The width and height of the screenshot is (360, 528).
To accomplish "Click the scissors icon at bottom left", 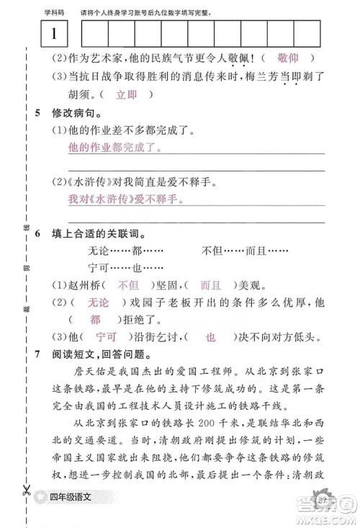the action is click(26, 492).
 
